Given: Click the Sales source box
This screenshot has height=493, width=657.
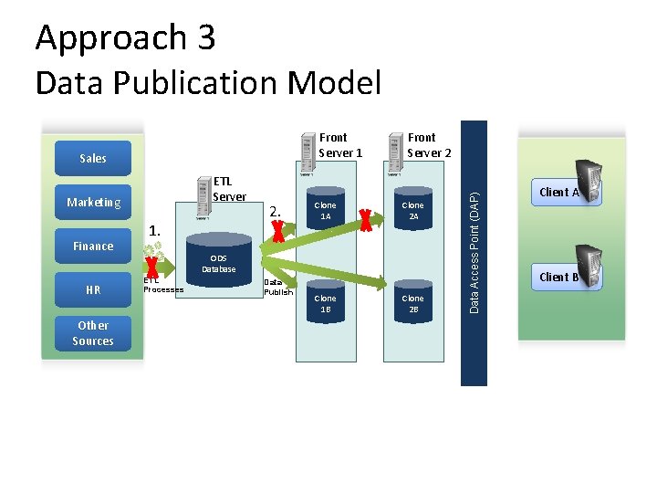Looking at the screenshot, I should pos(92,158).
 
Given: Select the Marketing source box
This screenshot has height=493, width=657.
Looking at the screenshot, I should pos(92,202).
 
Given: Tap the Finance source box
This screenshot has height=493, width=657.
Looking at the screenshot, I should pos(92,246).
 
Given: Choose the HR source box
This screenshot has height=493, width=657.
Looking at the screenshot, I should pos(92,289).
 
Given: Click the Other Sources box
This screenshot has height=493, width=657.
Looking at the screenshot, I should pos(92,333).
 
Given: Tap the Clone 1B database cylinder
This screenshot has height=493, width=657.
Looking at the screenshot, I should pos(326,303).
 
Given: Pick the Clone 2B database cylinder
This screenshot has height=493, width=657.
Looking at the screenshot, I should pos(413,303).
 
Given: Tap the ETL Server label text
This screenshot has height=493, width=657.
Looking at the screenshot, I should pos(229,189).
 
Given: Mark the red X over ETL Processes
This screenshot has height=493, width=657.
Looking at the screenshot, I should pos(152,267).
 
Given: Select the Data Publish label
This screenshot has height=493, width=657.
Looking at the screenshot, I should pos(278,288).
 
